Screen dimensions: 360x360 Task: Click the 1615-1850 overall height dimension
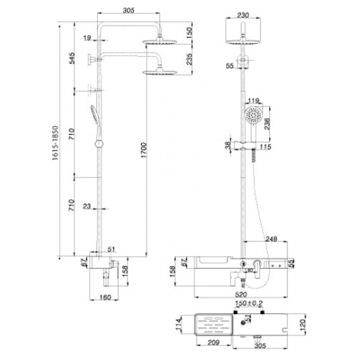pos(55,143)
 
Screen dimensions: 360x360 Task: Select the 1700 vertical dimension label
pos(143,150)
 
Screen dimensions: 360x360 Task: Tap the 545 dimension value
pos(72,58)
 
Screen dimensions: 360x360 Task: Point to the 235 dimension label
pos(189,59)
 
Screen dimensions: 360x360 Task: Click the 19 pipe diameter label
pos(87,37)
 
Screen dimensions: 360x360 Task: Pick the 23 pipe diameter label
pos(87,206)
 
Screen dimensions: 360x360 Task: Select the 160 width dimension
pos(105,297)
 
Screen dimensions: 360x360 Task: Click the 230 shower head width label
pos(243,15)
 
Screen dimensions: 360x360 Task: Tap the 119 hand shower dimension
pos(253,101)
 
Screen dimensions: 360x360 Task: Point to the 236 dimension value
pos(267,124)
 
